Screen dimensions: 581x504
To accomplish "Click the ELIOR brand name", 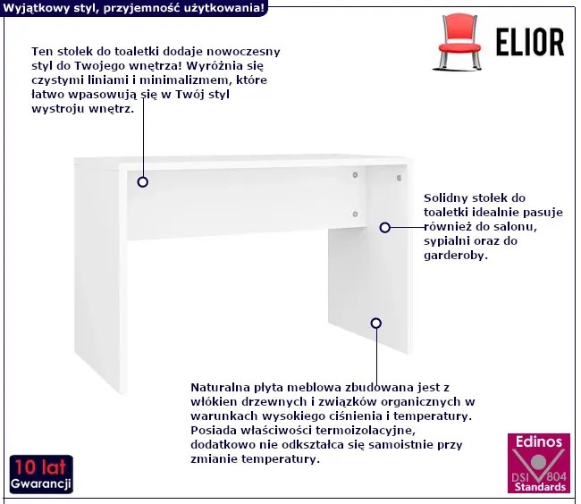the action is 530,43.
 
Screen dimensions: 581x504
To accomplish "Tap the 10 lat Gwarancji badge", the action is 41,475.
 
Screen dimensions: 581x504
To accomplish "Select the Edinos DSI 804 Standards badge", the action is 539,463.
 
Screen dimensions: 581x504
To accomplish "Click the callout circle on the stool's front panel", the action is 143,181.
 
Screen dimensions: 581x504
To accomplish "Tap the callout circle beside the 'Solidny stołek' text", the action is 385,227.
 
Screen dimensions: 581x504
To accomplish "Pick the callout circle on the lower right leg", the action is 376,323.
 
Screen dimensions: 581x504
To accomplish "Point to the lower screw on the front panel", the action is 355,214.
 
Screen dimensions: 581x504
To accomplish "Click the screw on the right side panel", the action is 399,178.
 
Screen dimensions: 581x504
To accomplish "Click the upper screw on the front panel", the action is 355,175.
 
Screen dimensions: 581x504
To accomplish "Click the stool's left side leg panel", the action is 101,274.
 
